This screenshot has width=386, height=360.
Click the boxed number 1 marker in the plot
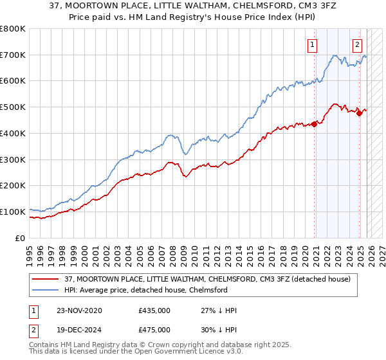pos(312,44)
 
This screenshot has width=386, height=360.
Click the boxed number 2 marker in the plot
pos(357,44)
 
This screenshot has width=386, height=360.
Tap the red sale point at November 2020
pos(315,124)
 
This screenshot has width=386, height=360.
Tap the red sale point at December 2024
pos(359,114)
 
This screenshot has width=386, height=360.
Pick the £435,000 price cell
pos(154,310)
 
